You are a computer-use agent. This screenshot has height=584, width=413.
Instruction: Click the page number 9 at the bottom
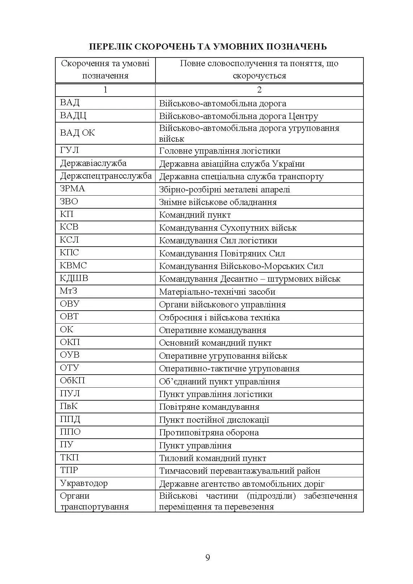(208, 557)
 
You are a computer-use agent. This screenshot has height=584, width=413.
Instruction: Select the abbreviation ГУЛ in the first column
(69, 150)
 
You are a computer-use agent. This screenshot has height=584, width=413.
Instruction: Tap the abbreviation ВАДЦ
(73, 116)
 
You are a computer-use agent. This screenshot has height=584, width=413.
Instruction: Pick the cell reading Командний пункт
(195, 215)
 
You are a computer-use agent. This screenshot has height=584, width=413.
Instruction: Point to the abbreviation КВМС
(73, 266)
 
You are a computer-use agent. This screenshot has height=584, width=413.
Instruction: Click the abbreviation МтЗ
(69, 291)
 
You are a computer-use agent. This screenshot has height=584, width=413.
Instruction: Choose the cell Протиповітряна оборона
(209, 432)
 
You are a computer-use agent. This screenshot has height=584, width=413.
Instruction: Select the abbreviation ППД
(70, 419)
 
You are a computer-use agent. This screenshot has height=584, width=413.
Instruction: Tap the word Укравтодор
(84, 483)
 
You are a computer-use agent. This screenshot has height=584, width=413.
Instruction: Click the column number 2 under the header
(259, 90)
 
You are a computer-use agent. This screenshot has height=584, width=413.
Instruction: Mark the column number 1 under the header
(105, 90)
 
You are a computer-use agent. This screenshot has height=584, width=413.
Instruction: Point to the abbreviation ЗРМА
(72, 189)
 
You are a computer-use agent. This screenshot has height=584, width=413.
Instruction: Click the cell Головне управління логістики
(220, 151)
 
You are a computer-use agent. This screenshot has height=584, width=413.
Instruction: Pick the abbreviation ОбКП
(72, 381)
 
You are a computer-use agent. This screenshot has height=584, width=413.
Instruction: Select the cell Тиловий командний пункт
(213, 458)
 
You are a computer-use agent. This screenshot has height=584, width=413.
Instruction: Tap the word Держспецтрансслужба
(106, 176)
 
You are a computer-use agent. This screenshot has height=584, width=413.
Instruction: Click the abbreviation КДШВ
(74, 278)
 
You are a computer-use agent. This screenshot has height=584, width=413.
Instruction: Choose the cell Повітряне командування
(209, 407)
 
